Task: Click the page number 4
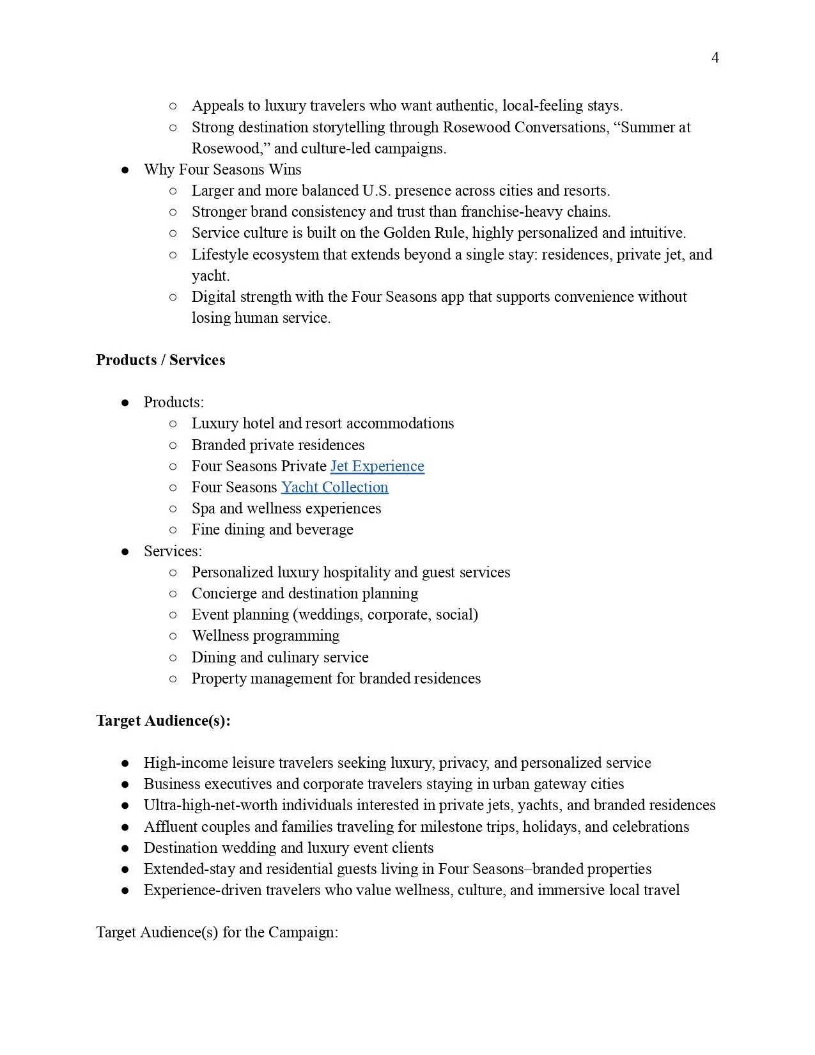point(715,58)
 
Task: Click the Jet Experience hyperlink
point(377,466)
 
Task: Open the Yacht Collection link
point(334,487)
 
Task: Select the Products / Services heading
point(160,360)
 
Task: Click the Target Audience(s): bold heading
point(163,721)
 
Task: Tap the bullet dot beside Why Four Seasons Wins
point(125,170)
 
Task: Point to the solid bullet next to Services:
point(125,552)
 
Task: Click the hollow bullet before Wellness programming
point(173,636)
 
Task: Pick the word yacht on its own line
point(210,276)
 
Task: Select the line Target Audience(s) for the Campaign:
point(217,932)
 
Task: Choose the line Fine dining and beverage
point(272,529)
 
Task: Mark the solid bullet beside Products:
point(125,403)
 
